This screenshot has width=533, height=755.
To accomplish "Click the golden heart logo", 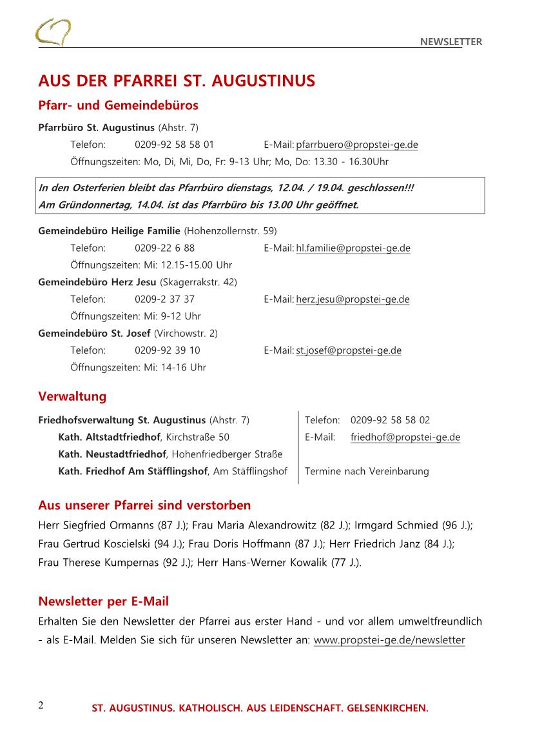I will click(52, 32).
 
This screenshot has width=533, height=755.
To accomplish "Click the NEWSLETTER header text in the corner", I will click(451, 42).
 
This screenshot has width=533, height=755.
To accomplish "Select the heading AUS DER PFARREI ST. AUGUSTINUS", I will click(177, 81).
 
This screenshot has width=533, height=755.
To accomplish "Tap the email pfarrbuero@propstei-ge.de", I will click(356, 145).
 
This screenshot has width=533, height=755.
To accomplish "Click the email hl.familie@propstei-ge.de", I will click(353, 248).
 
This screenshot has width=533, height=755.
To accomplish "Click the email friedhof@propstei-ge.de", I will click(405, 438).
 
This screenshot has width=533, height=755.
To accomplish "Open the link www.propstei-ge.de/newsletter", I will click(389, 640).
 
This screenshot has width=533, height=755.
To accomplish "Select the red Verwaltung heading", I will click(72, 396).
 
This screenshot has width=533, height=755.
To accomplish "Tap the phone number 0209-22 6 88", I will click(164, 248).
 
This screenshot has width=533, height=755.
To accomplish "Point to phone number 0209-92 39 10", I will click(167, 350).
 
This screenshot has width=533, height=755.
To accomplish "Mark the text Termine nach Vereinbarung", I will click(366, 471).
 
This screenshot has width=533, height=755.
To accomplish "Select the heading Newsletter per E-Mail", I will click(103, 601).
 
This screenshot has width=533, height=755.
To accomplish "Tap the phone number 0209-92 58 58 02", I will click(390, 420).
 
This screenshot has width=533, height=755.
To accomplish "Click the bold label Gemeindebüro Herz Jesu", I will click(97, 282).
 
